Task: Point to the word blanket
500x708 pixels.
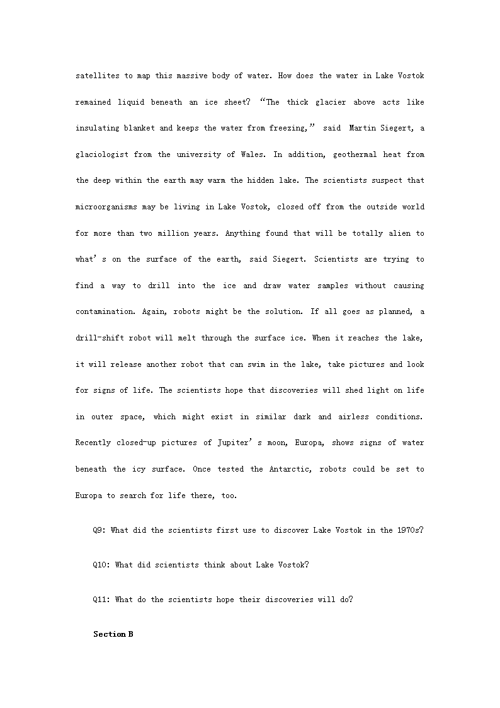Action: coord(139,128)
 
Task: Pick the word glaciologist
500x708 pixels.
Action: coord(101,154)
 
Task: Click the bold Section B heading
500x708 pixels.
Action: coord(113,634)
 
